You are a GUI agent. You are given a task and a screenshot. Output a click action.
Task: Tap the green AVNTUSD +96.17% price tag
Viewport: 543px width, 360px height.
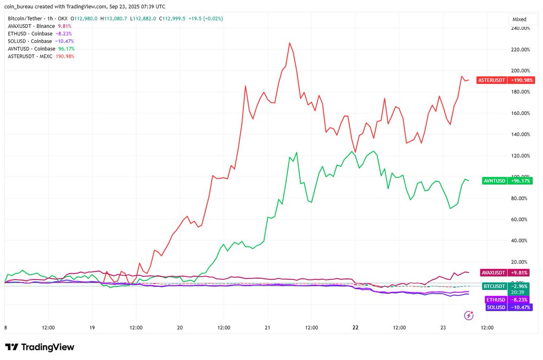pyautogui.click(x=507, y=181)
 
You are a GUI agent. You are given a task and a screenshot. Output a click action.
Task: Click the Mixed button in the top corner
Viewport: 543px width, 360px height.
pyautogui.click(x=519, y=19)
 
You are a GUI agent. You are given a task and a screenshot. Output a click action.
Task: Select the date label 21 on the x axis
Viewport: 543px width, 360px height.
pyautogui.click(x=267, y=327)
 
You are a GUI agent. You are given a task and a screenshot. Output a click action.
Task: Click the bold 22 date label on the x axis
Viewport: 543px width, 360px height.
pyautogui.click(x=355, y=327)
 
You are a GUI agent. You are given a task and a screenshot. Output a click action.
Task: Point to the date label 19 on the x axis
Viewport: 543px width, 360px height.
pyautogui.click(x=92, y=327)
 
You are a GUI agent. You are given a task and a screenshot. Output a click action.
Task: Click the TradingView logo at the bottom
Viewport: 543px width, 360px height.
pyautogui.click(x=39, y=347)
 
